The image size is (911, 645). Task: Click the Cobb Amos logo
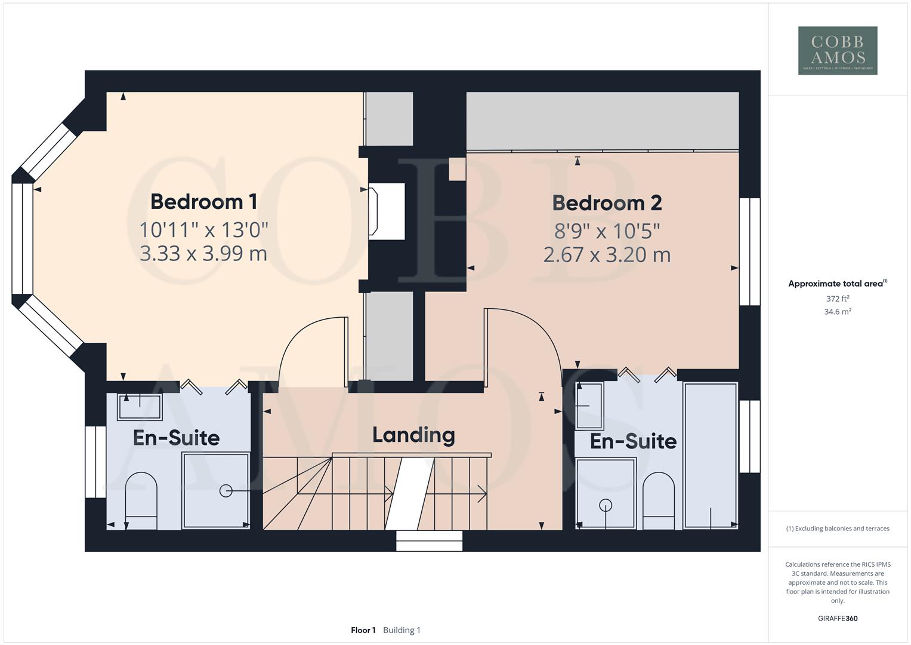coord(837,50)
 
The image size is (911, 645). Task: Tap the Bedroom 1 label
coord(203,201)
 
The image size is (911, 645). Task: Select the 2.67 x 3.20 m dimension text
coord(607,255)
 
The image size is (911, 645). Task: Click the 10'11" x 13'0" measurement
coord(203,229)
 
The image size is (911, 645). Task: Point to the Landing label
coord(413,435)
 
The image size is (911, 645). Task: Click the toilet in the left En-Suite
coord(141,499)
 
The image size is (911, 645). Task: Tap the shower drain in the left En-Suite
coord(226,491)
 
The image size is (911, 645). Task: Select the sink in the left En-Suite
coord(140,407)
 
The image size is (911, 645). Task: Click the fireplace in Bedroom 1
coord(386,211)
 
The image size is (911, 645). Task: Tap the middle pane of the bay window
coord(22,238)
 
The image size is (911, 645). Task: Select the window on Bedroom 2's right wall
coord(749,251)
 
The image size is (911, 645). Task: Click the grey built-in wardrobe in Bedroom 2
coord(602,121)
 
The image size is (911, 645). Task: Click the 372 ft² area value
coord(837,299)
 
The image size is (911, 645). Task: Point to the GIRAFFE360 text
coord(837,618)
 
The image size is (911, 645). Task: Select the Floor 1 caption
coord(363,630)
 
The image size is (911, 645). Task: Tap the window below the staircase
coord(430,541)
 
